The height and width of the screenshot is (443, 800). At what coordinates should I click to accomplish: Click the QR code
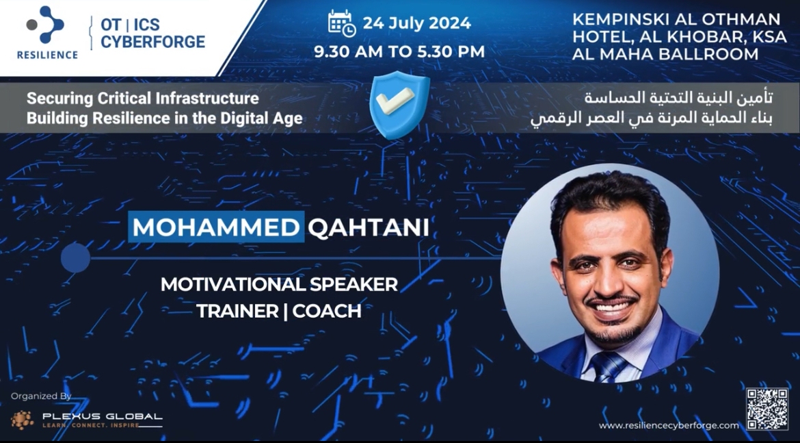click(x=767, y=409)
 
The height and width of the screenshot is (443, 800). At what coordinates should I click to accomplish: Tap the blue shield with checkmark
click(x=399, y=105)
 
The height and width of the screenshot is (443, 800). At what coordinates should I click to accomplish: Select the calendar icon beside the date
click(x=342, y=23)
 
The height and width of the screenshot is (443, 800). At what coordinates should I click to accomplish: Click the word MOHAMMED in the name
click(x=216, y=227)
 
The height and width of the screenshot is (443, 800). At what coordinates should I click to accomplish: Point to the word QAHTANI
click(x=368, y=227)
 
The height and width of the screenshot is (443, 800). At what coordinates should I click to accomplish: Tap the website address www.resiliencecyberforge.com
click(x=668, y=425)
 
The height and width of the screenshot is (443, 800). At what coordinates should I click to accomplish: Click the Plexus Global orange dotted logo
click(x=23, y=420)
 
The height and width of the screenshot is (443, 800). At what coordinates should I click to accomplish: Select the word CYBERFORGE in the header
click(x=152, y=41)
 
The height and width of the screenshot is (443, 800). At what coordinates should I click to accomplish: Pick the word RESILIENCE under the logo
click(x=47, y=55)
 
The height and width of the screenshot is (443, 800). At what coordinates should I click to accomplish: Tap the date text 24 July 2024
click(x=417, y=23)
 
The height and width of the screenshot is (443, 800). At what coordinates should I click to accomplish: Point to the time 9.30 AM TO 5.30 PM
click(x=399, y=51)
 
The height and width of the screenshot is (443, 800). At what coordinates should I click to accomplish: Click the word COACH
click(x=327, y=311)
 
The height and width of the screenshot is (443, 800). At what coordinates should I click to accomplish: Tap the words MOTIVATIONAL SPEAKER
click(x=279, y=284)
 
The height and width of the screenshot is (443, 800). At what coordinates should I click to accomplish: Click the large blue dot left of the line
click(x=75, y=257)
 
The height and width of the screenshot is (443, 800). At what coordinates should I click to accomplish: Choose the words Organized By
click(x=41, y=396)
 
